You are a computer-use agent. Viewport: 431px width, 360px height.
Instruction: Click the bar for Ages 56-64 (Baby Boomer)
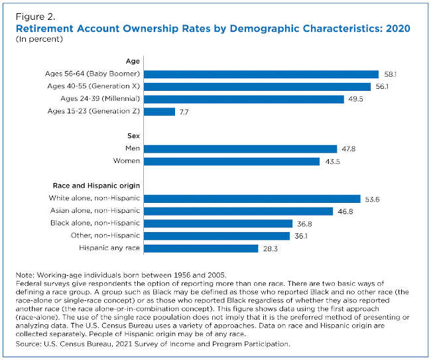coord(261,74)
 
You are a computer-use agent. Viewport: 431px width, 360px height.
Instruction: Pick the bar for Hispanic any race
coord(201,248)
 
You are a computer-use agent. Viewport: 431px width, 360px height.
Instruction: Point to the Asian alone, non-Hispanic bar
coord(238,211)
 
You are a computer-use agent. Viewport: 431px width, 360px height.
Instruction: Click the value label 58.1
coord(389,74)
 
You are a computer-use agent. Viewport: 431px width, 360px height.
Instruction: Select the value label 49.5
coord(355,99)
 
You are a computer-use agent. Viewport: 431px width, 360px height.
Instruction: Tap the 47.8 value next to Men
coord(347,149)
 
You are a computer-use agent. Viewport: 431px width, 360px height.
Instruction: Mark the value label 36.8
coord(303,223)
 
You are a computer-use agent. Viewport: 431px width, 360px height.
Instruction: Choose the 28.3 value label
coord(269,248)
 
